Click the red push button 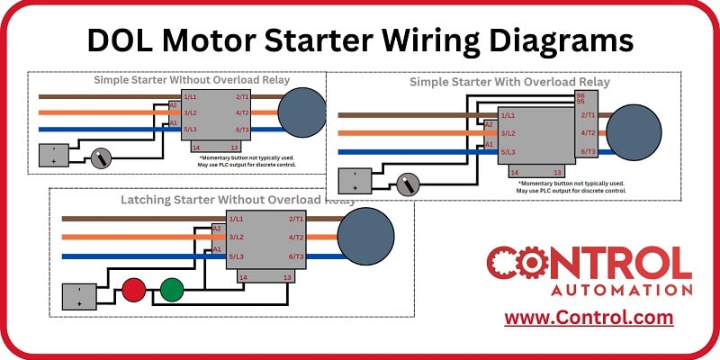pyautogui.click(x=134, y=290)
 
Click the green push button pyautogui.click(x=171, y=290)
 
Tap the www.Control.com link pyautogui.click(x=589, y=318)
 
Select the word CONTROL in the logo pyautogui.click(x=589, y=264)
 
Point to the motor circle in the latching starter pyautogui.click(x=365, y=236)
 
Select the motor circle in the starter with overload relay pyautogui.click(x=634, y=131)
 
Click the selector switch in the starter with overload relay pyautogui.click(x=409, y=185)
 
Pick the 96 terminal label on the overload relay pyautogui.click(x=580, y=95)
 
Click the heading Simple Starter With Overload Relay pyautogui.click(x=509, y=82)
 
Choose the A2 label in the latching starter pyautogui.click(x=217, y=229)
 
